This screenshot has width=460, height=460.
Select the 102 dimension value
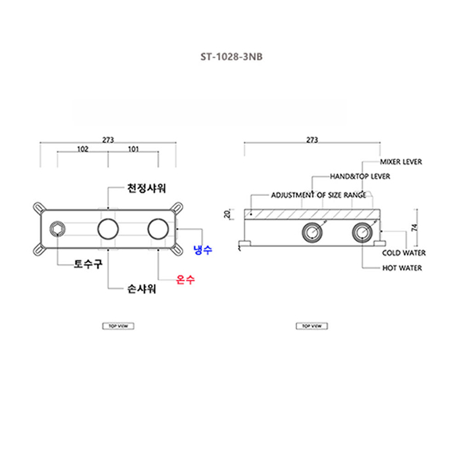pos(83,149)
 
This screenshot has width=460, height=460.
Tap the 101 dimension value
pos(133,149)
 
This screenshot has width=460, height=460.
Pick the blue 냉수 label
pos(202,250)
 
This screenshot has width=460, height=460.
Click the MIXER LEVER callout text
pos(401,162)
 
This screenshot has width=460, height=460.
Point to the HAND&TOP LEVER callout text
pos(359,177)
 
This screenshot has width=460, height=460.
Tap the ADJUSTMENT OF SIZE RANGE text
pos(319,195)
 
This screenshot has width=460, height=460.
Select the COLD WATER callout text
pos(403,253)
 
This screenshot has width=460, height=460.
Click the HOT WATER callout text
pos(402,268)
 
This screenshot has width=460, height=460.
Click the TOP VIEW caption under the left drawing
pos(118,326)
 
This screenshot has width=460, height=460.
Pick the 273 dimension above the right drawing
pos(312,139)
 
